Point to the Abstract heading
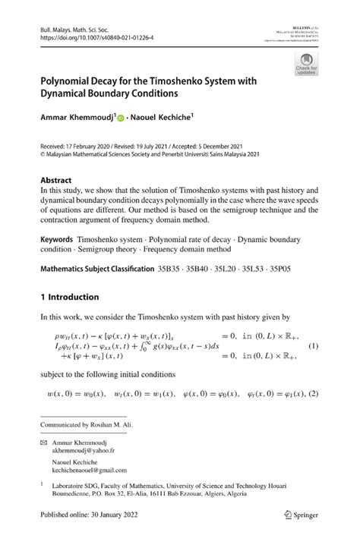pos(60,181)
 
